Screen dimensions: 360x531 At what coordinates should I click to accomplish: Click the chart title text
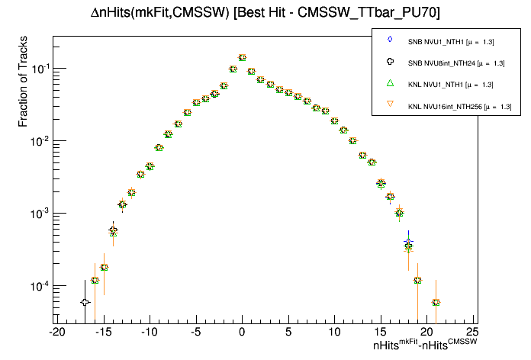pos(265,14)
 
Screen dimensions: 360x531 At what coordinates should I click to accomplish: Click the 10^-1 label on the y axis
pos(38,69)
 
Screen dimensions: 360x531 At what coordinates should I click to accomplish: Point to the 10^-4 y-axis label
pos(38,286)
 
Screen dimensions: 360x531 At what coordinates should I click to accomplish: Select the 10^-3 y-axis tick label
pos(38,214)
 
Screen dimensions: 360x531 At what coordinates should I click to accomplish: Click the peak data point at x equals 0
pos(242,57)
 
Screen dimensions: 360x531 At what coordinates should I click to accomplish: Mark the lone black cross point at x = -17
pos(85,302)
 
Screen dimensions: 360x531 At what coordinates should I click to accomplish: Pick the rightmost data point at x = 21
pos(436,302)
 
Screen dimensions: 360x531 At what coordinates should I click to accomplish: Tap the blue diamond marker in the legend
pos(390,40)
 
